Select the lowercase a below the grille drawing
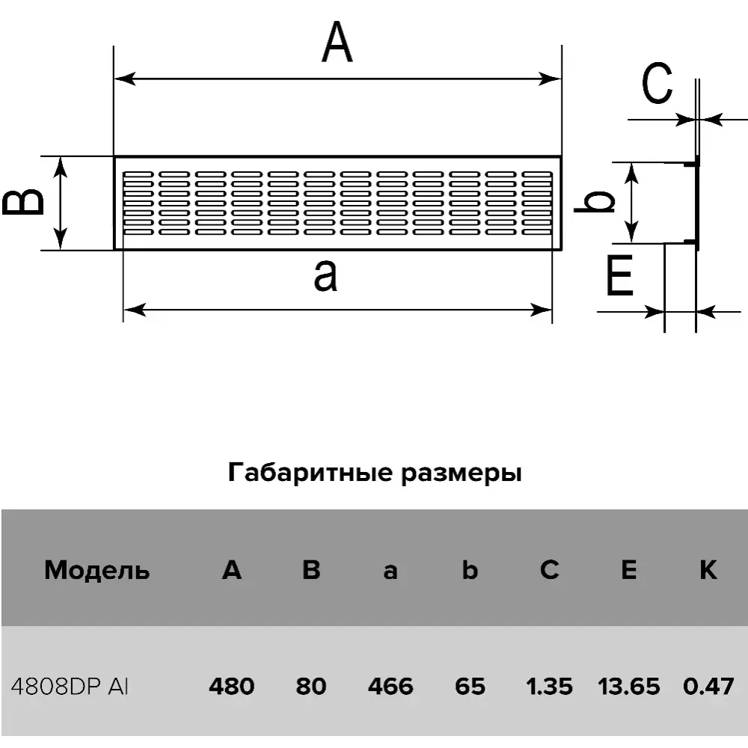[325, 275]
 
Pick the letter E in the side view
[620, 278]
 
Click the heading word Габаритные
[303, 473]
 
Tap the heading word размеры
[459, 474]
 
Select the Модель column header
[97, 571]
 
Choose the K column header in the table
[708, 570]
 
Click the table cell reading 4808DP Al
[70, 686]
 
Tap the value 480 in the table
[232, 686]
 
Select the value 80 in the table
[311, 686]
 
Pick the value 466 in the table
[390, 686]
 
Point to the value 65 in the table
[470, 686]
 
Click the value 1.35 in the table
[549, 686]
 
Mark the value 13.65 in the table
[629, 686]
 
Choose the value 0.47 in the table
[708, 686]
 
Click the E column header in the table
[628, 570]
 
